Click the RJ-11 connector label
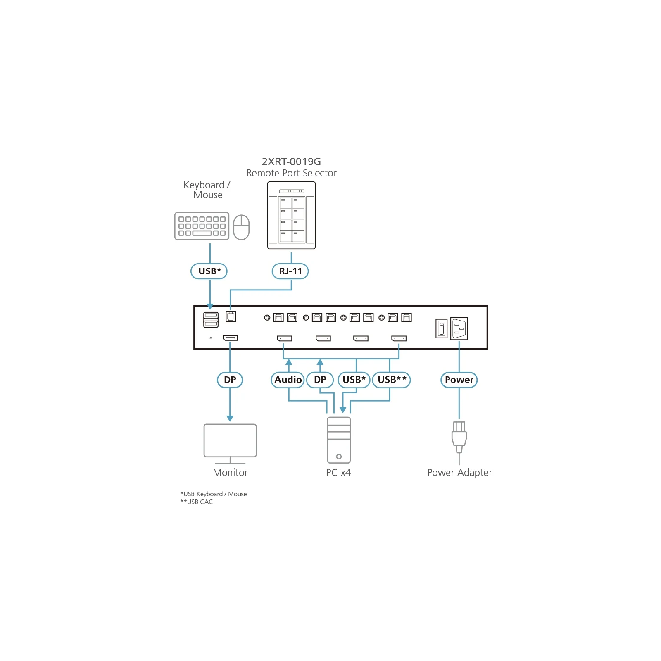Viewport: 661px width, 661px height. [290, 271]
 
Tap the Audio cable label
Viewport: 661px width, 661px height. [288, 380]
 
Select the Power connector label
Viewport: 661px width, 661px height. [459, 380]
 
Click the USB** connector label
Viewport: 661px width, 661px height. [391, 380]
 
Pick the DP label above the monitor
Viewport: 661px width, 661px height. [230, 380]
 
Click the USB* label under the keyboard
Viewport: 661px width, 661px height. [209, 271]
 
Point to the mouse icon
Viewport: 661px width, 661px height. [241, 227]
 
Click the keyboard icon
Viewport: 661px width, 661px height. [202, 226]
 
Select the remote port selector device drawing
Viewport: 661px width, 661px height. [291, 215]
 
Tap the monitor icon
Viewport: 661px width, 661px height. [230, 444]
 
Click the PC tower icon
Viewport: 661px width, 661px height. [339, 440]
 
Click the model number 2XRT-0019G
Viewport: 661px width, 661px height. [291, 162]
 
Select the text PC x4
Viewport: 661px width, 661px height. [338, 473]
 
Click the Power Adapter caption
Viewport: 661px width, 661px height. [459, 473]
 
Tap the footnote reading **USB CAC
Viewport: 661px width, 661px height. [197, 502]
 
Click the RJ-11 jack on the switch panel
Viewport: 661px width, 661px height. [231, 316]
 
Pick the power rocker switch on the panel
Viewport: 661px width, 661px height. [441, 329]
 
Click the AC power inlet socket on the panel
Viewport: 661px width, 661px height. [459, 328]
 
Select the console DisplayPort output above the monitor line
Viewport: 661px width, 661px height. [230, 338]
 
